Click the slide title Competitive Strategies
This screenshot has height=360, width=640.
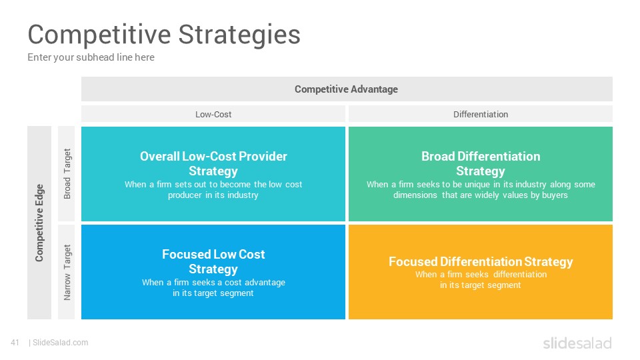(164, 35)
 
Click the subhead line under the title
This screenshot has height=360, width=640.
(91, 57)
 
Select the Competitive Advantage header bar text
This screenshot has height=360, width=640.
(346, 89)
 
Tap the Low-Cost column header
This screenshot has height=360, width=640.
(213, 114)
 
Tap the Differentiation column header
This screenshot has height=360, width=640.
(481, 114)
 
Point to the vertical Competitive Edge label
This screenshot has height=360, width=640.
(39, 223)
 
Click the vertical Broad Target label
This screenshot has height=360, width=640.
(67, 173)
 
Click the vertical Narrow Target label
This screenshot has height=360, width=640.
(67, 272)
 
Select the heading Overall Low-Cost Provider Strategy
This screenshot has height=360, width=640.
(213, 164)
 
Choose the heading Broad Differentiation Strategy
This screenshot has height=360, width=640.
(481, 164)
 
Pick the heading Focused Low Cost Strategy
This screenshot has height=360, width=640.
(213, 261)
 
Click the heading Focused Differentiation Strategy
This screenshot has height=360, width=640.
(481, 261)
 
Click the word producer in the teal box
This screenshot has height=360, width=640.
(185, 195)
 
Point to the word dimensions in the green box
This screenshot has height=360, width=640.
(415, 195)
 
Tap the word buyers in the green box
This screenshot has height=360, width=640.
(555, 195)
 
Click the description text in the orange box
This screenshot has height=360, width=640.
(481, 279)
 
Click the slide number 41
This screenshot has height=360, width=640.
(15, 343)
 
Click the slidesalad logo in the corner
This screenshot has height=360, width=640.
(577, 343)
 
